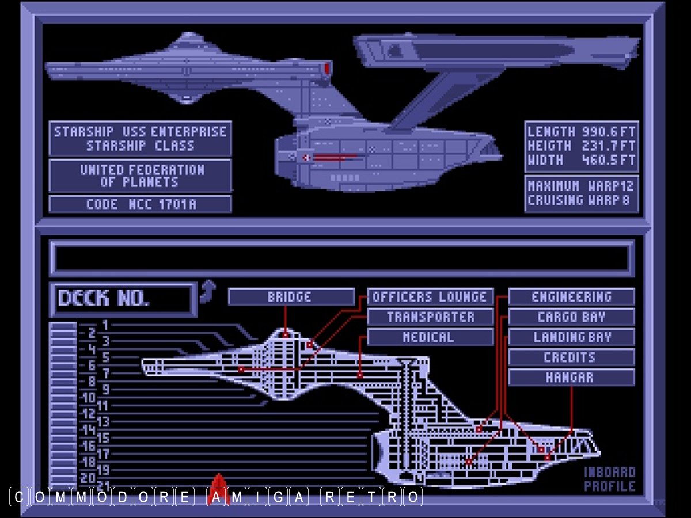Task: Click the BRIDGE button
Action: [291, 297]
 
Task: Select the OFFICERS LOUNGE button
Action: [430, 297]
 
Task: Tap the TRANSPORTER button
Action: [430, 317]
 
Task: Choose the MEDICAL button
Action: [430, 337]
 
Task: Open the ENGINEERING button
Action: [571, 297]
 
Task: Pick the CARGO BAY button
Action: [571, 317]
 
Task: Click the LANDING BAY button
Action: [571, 337]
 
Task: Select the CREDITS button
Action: [571, 357]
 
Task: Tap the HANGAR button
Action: [571, 378]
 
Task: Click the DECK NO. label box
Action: [123, 299]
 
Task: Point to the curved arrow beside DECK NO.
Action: [207, 291]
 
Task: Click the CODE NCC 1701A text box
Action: [141, 204]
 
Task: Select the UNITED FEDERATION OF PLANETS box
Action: [141, 176]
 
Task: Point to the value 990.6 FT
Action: [608, 131]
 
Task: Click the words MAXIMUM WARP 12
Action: [582, 186]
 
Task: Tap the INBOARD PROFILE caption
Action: [610, 479]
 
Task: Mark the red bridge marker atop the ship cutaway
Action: [286, 334]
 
